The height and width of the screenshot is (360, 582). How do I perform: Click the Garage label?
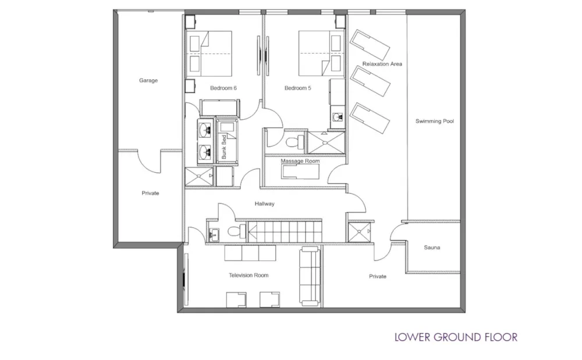(148, 81)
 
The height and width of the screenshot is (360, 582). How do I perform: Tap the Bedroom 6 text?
(223, 88)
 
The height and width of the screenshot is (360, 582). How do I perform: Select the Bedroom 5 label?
(297, 88)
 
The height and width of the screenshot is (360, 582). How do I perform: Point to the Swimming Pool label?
(434, 122)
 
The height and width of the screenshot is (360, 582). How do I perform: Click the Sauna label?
(432, 248)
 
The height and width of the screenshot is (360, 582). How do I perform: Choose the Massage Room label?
(300, 161)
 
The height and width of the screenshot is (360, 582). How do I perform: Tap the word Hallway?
(264, 204)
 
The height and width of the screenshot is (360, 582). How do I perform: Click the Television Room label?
(249, 275)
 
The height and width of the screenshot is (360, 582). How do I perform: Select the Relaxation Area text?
(382, 64)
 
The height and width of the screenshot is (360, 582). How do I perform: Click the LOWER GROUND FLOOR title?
(456, 337)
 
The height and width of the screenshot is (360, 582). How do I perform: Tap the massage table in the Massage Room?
(300, 172)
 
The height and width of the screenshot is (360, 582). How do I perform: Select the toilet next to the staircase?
(233, 231)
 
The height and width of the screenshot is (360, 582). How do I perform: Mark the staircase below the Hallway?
(285, 231)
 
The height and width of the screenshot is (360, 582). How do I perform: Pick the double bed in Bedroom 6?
(210, 54)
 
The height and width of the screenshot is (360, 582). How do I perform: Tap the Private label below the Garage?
(150, 193)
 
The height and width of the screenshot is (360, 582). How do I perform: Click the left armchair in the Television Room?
(237, 298)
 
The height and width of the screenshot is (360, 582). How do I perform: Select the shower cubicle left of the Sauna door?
(360, 233)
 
